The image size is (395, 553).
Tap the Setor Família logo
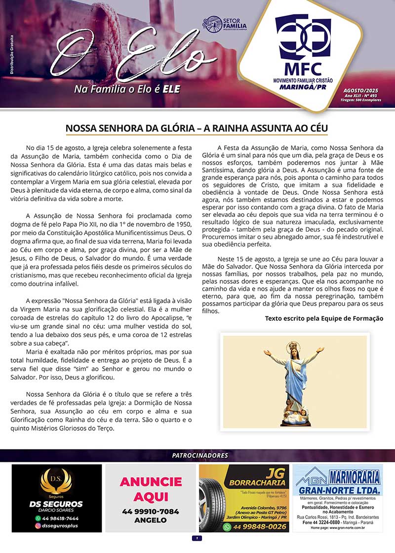[x=225, y=23]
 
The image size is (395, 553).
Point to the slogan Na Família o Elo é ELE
[x=126, y=89]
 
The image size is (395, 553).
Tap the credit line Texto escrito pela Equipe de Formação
[x=324, y=318]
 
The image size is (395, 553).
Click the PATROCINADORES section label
[x=197, y=456]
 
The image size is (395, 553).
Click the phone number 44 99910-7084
[x=151, y=512]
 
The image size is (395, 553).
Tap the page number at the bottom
[x=197, y=538]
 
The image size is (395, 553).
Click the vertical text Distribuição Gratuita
[x=11, y=55]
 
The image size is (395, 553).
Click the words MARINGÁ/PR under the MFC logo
[x=303, y=87]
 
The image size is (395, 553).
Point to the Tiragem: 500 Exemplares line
[x=364, y=100]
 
